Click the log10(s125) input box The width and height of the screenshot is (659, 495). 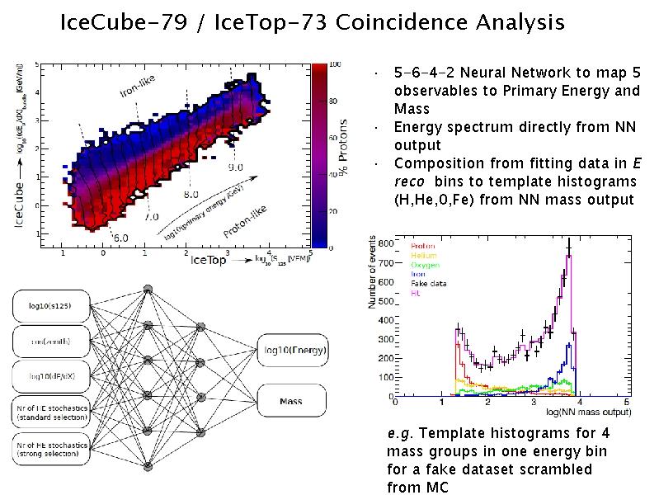pos(49,307)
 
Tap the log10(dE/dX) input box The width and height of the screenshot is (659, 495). pos(49,376)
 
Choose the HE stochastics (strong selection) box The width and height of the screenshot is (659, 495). pos(49,449)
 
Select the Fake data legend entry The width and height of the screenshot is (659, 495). pos(426,283)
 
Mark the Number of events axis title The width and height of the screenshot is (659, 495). pos(372,280)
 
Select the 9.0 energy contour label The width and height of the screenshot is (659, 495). pos(236,167)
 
